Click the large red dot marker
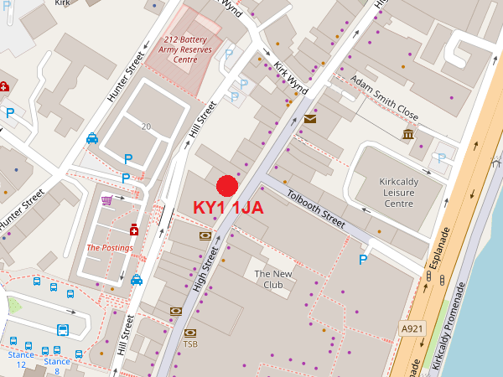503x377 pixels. coord(227,187)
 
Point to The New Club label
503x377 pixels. coord(274,279)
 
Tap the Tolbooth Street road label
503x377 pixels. coord(315,208)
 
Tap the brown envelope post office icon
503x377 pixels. coord(311,119)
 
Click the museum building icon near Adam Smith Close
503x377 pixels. coord(408,135)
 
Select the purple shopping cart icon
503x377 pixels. coord(107,200)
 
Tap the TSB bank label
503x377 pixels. coord(190,343)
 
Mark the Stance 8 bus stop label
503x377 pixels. coord(57,365)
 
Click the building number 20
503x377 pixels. coord(146,127)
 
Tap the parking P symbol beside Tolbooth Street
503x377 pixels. coord(363,260)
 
